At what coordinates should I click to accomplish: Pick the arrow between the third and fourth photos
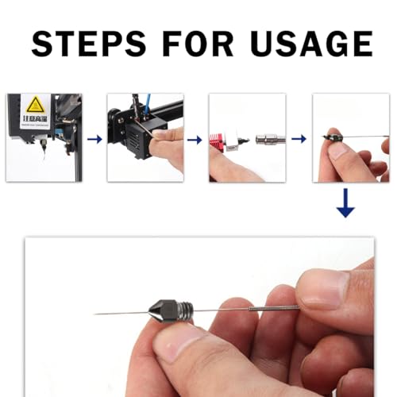click(299, 138)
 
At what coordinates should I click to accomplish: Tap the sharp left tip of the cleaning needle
click(97, 314)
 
